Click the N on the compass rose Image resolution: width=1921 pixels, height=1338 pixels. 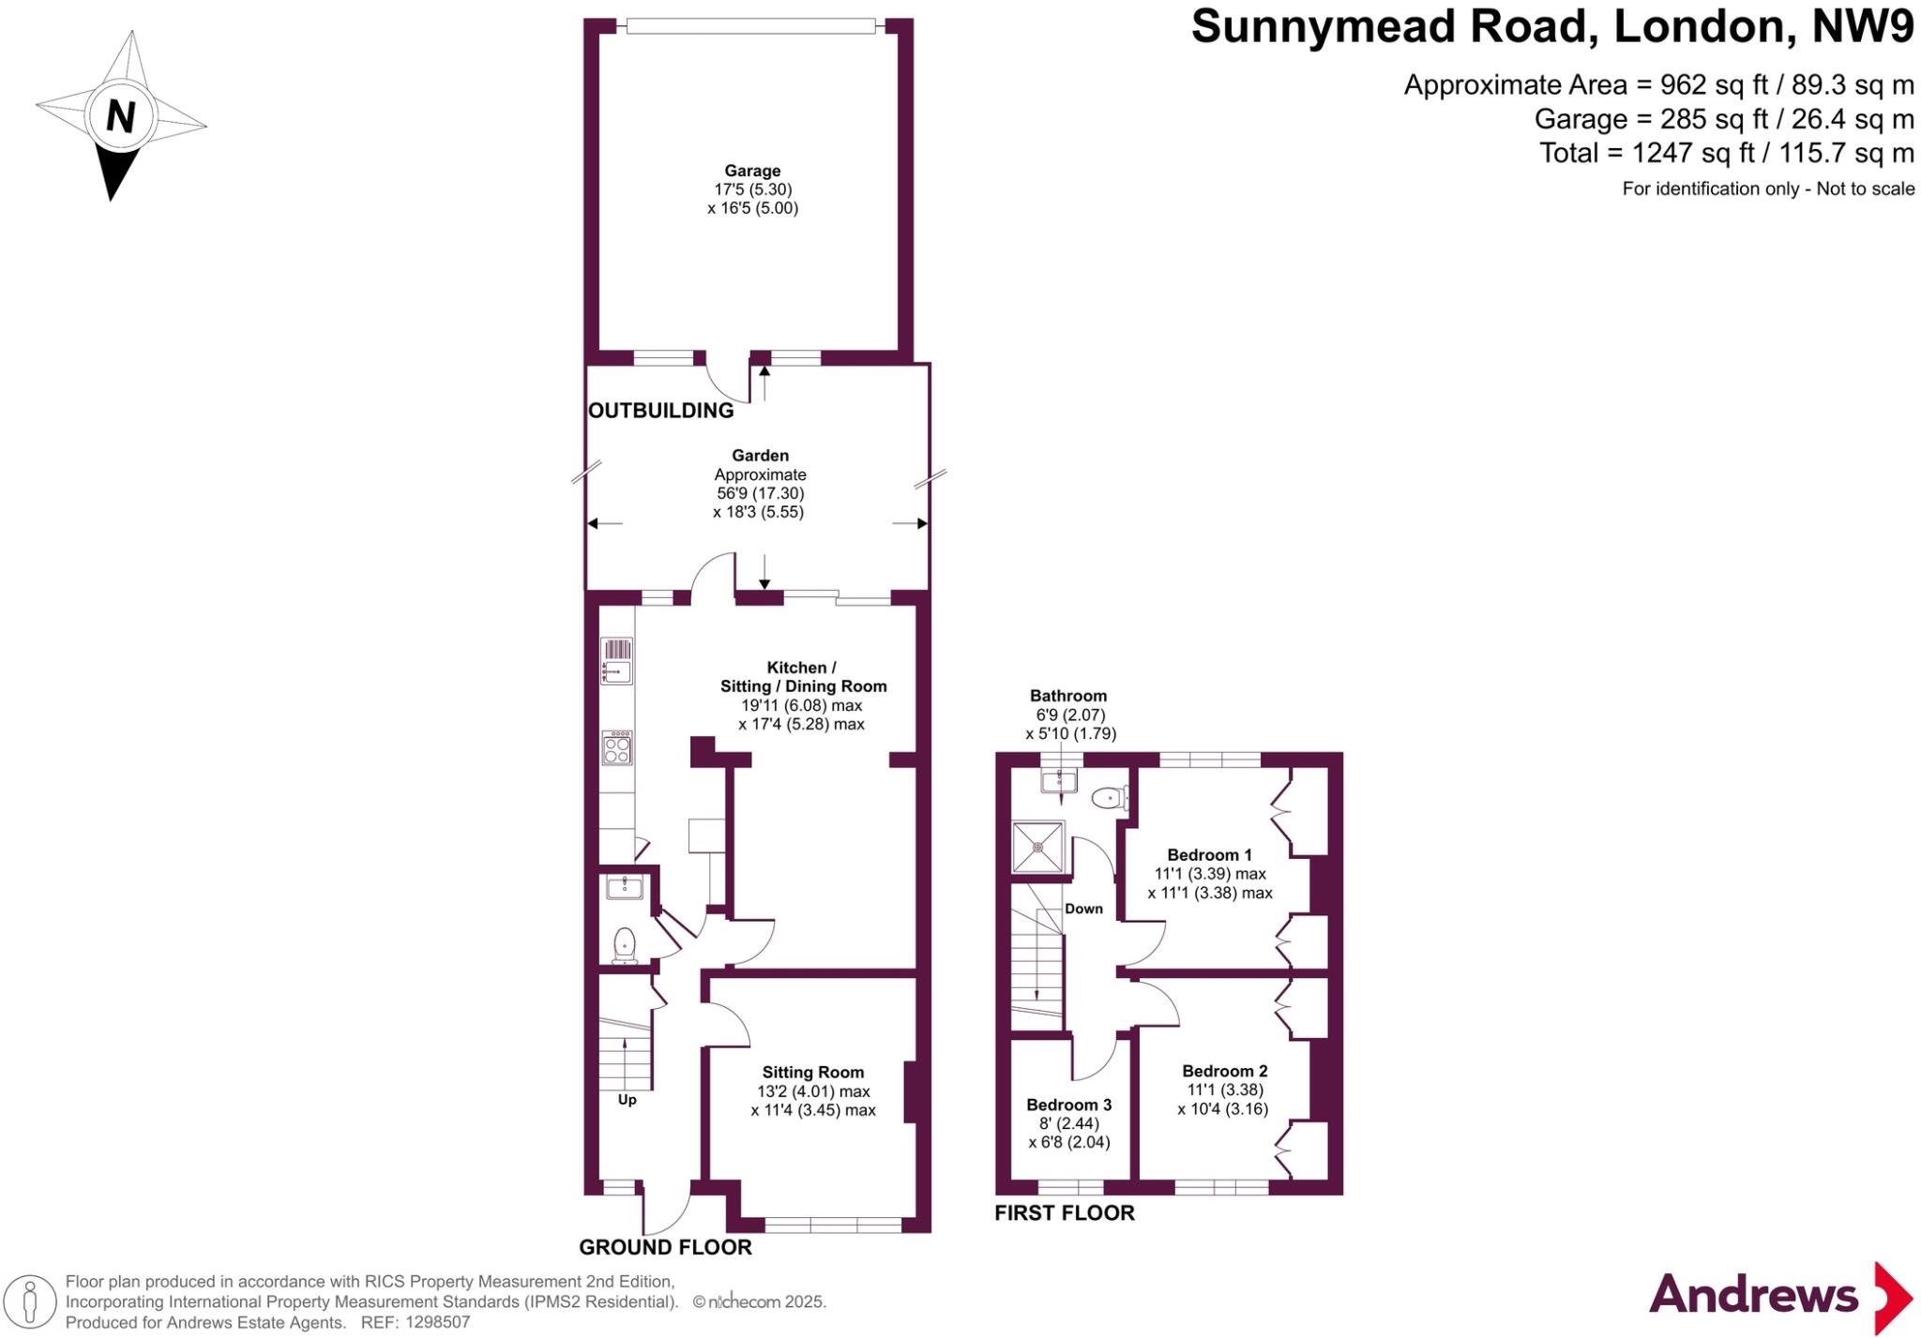click(x=120, y=116)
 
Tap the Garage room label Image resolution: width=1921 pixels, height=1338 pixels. click(x=752, y=171)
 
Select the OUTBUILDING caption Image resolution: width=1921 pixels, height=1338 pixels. click(x=660, y=411)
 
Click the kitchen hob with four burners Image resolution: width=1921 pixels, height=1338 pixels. click(x=616, y=748)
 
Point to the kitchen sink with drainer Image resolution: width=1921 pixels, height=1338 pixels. click(x=616, y=661)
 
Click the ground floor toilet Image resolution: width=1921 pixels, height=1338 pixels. click(x=624, y=944)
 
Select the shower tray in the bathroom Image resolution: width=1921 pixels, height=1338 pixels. click(x=1038, y=848)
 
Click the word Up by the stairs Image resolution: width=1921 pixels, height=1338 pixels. click(x=627, y=1099)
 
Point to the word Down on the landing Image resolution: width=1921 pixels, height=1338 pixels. click(x=1083, y=909)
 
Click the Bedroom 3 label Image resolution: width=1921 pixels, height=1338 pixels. click(x=1068, y=1105)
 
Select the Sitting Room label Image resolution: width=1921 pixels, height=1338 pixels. click(x=812, y=1073)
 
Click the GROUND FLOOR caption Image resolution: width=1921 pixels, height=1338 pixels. click(x=665, y=1247)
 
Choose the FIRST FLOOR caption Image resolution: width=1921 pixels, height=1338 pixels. click(x=1064, y=1213)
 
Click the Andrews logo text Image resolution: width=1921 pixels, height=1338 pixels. click(x=1753, y=1296)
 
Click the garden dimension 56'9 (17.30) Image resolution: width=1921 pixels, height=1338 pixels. click(x=760, y=493)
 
